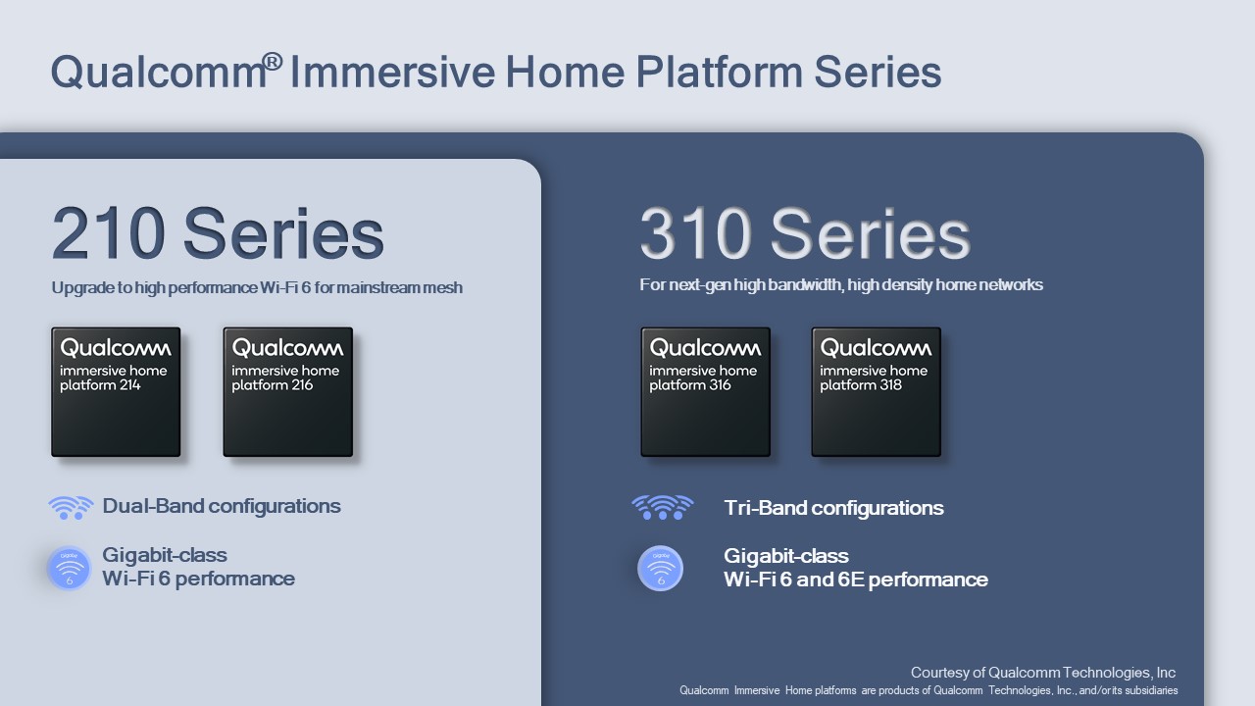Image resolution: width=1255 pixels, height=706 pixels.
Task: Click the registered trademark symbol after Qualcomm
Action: [x=273, y=62]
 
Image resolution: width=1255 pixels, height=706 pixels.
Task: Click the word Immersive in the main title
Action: [x=393, y=72]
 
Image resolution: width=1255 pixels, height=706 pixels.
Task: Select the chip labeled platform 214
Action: [x=116, y=391]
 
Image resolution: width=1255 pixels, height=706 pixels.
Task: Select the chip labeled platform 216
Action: [x=288, y=391]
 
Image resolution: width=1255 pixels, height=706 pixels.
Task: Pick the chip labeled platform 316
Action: [x=705, y=391]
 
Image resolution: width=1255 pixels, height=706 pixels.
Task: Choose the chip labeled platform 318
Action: [x=877, y=391]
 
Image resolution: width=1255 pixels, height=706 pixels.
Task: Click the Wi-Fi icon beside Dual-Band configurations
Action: [x=71, y=508]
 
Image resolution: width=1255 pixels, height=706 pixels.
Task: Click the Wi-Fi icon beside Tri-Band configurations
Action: [x=662, y=507]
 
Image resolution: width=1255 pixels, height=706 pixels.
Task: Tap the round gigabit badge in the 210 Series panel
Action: [x=69, y=568]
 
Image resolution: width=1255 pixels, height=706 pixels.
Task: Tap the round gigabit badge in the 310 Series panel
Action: [x=660, y=568]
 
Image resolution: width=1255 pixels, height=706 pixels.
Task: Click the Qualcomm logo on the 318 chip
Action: [x=877, y=348]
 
